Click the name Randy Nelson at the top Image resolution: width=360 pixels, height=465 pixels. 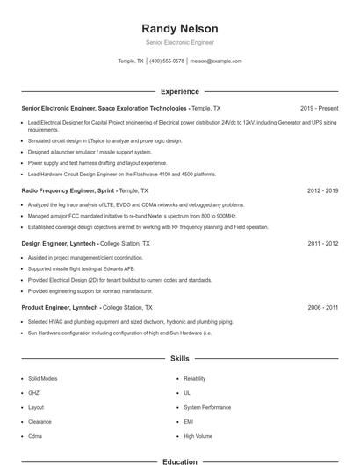pos(179,29)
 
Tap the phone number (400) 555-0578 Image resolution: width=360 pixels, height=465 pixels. pos(167,61)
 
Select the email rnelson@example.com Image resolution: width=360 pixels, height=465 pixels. pos(216,61)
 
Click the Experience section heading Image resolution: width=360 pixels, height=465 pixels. pos(179,91)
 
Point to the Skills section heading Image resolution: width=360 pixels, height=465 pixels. pos(179,359)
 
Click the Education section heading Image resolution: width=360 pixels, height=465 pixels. pos(179,461)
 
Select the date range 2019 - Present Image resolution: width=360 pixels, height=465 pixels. pos(319,108)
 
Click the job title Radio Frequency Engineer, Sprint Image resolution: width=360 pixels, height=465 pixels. pos(68,190)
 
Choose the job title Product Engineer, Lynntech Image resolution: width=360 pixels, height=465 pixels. pos(60,308)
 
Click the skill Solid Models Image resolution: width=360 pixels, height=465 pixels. pos(42,378)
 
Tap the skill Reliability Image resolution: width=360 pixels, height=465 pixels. pos(194,378)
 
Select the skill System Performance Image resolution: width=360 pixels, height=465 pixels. pos(208,407)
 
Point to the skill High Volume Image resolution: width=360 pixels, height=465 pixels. pos(198,435)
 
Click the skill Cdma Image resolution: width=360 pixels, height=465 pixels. pos(35,435)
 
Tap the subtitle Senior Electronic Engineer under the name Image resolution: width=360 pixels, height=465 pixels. pos(179,42)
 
